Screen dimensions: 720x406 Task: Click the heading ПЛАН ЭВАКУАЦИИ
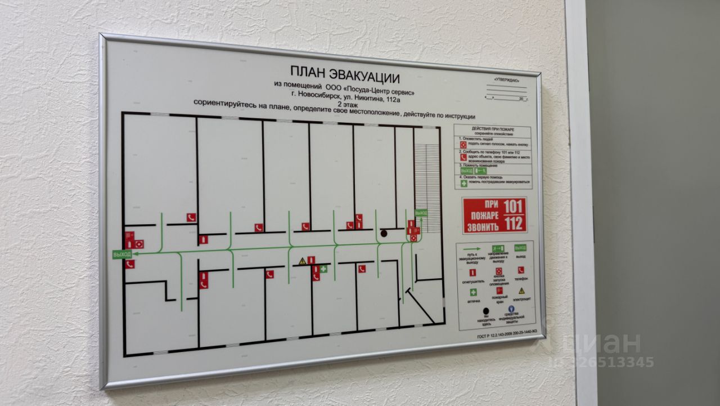(344, 74)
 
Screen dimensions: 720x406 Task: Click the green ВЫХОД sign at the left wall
(121, 255)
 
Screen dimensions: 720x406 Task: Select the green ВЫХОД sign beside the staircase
(421, 213)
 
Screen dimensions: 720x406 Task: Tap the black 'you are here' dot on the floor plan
(384, 233)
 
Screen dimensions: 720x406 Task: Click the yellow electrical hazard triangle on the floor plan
(302, 261)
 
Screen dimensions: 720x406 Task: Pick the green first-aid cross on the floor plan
(324, 269)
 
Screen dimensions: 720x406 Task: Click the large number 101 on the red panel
(512, 207)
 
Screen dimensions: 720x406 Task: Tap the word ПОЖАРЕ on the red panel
(483, 215)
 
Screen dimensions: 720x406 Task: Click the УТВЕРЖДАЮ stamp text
(506, 79)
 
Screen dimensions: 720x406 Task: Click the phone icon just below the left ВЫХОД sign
(130, 264)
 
